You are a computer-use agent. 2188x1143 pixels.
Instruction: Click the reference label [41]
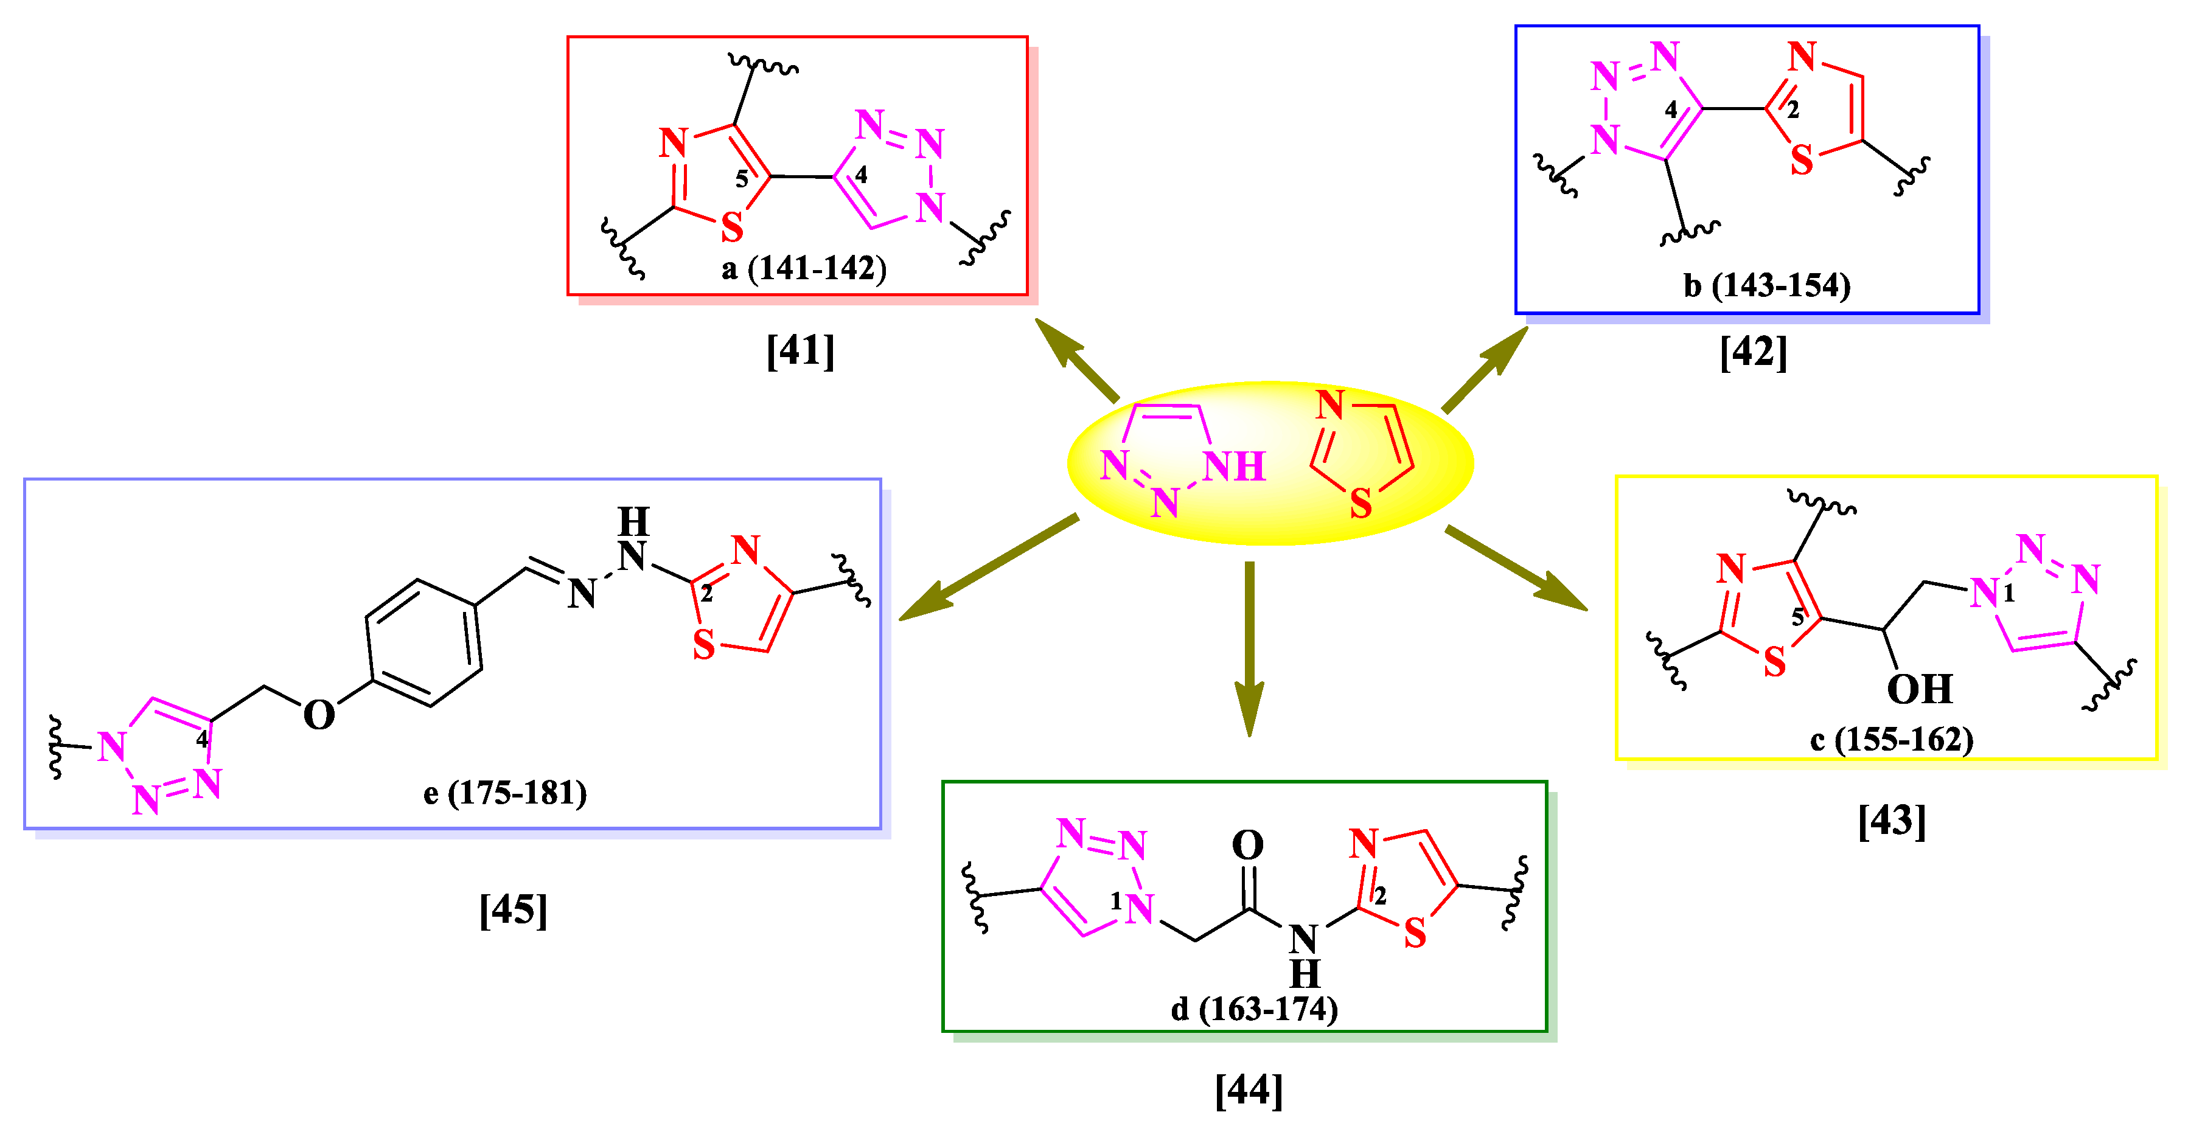800,350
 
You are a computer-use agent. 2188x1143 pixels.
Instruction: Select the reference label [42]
1753,352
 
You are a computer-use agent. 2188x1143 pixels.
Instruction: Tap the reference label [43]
1892,821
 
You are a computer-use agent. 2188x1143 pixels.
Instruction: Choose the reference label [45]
513,909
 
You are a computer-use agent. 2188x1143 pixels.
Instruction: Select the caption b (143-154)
1767,285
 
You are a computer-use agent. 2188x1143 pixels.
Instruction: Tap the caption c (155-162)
1892,739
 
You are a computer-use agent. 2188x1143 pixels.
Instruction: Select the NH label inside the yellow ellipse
1234,466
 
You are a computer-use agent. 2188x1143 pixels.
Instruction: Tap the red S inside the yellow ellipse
1361,504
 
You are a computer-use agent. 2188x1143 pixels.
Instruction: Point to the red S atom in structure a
731,227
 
